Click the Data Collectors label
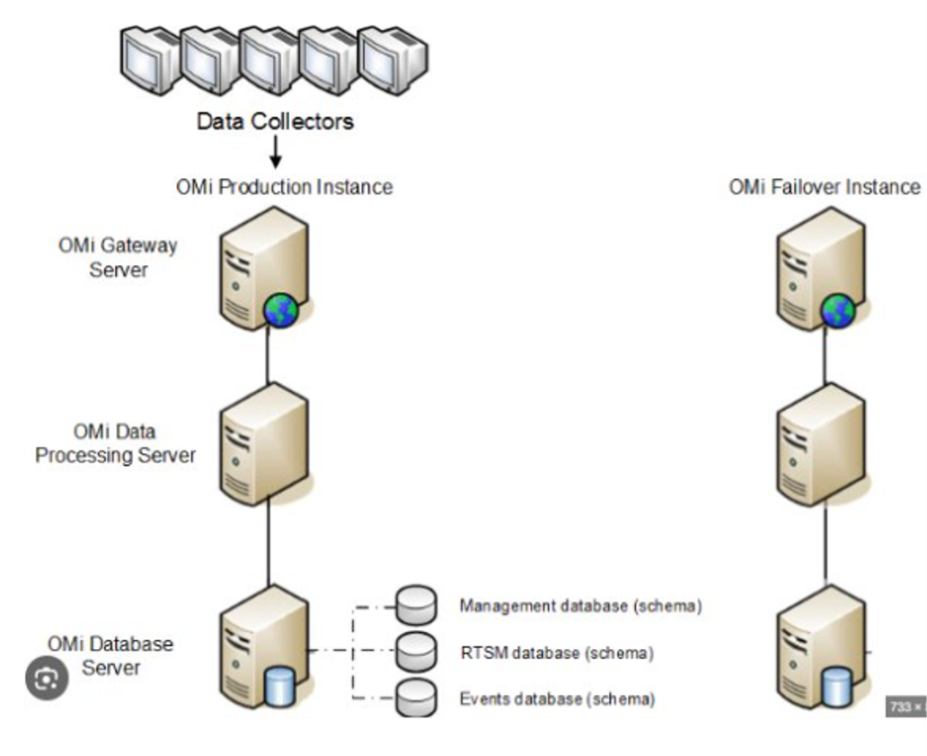(x=276, y=120)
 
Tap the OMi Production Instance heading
(x=285, y=187)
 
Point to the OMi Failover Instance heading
(x=825, y=187)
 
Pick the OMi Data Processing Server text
(x=115, y=443)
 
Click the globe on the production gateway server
(x=280, y=311)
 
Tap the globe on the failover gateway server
(x=838, y=311)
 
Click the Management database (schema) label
(x=580, y=606)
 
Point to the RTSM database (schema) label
(x=557, y=653)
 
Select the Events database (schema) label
(x=557, y=698)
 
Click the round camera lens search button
(x=46, y=680)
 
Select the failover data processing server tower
(x=819, y=445)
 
